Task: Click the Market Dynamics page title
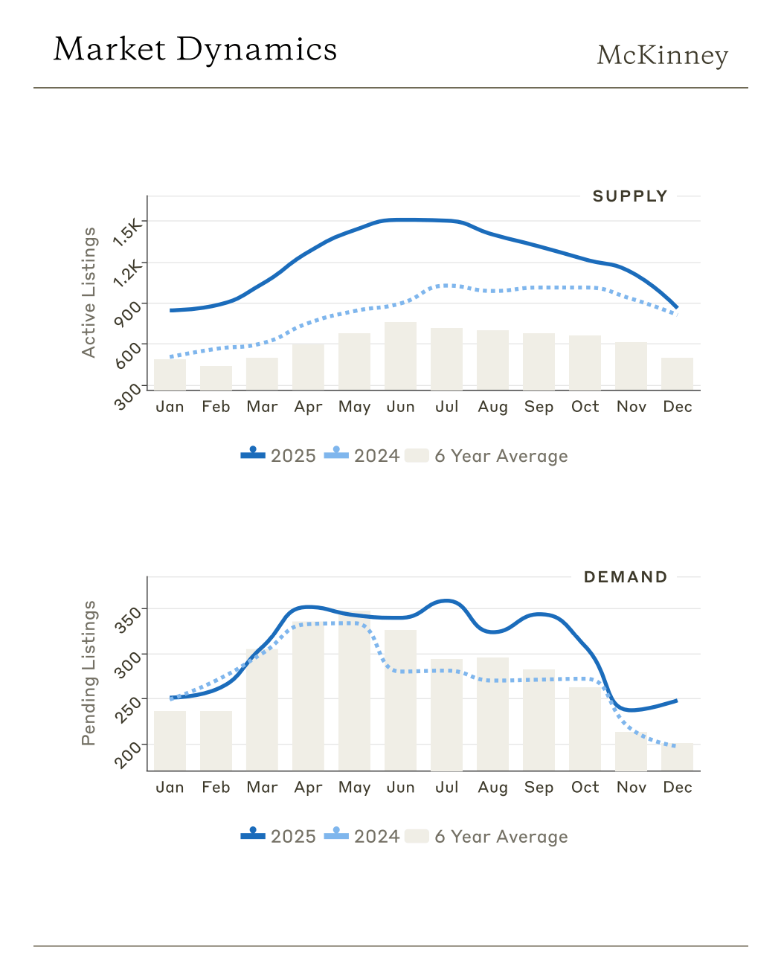click(x=195, y=50)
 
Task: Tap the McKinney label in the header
click(x=662, y=55)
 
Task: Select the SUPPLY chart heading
click(x=630, y=196)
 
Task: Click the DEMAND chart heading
click(x=626, y=577)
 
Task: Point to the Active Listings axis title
click(x=89, y=292)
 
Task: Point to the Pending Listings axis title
click(x=89, y=673)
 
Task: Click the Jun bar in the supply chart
click(x=400, y=356)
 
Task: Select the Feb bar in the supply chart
click(x=216, y=378)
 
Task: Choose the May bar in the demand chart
click(x=354, y=692)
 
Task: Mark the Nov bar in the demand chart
click(x=631, y=751)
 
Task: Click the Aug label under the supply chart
click(x=492, y=407)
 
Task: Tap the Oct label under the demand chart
click(x=585, y=788)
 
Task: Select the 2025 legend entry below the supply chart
click(x=279, y=456)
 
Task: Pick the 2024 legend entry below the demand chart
click(x=362, y=837)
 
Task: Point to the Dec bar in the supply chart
click(x=677, y=374)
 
